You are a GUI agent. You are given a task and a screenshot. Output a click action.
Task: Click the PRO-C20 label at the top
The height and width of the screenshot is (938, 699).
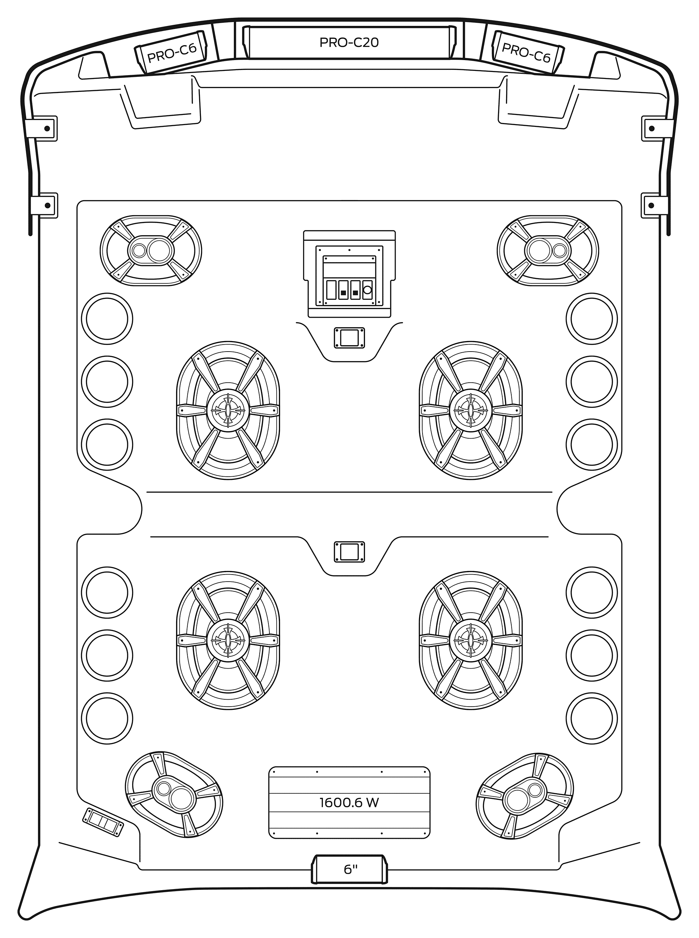click(x=349, y=42)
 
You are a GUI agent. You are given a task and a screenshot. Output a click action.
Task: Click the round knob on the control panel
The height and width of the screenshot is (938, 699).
click(x=367, y=290)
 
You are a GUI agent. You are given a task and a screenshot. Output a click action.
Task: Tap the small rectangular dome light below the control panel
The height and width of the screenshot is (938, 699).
click(x=349, y=338)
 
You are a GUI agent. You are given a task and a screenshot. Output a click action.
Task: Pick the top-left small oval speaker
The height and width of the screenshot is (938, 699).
click(x=151, y=251)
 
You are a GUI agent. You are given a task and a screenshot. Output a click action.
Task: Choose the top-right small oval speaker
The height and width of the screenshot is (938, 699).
click(x=548, y=251)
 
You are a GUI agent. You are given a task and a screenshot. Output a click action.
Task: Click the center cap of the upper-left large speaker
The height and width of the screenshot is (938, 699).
click(x=228, y=410)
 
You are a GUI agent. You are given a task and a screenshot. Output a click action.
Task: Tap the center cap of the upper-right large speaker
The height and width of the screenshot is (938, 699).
click(x=470, y=410)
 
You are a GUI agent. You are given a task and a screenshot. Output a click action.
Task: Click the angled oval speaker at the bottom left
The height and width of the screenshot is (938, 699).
click(x=174, y=795)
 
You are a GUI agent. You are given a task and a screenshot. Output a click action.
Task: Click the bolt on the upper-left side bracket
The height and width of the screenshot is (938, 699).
click(x=48, y=128)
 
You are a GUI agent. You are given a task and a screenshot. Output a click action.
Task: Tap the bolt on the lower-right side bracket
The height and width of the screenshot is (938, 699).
click(x=651, y=205)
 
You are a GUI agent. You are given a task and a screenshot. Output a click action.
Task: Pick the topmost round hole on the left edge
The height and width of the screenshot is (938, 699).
click(x=107, y=319)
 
